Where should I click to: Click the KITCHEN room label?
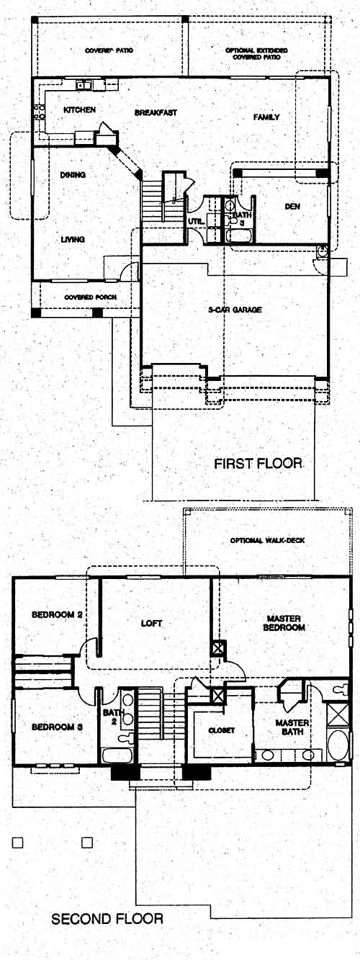80,110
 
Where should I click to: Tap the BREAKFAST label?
156,113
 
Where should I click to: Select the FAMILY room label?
266,117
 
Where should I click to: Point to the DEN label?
293,207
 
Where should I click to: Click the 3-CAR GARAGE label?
235,310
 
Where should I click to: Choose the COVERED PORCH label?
91,297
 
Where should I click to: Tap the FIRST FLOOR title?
258,463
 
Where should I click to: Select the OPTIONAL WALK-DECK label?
267,540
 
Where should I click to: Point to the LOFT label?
152,623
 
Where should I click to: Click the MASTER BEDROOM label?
284,623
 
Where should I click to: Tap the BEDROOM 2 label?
57,614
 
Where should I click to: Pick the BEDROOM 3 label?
57,727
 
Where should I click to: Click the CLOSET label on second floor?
221,730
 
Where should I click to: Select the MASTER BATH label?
292,727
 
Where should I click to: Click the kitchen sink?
84,85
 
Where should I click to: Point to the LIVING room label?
73,240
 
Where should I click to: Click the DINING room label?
73,175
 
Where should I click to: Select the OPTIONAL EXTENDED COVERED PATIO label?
257,53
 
